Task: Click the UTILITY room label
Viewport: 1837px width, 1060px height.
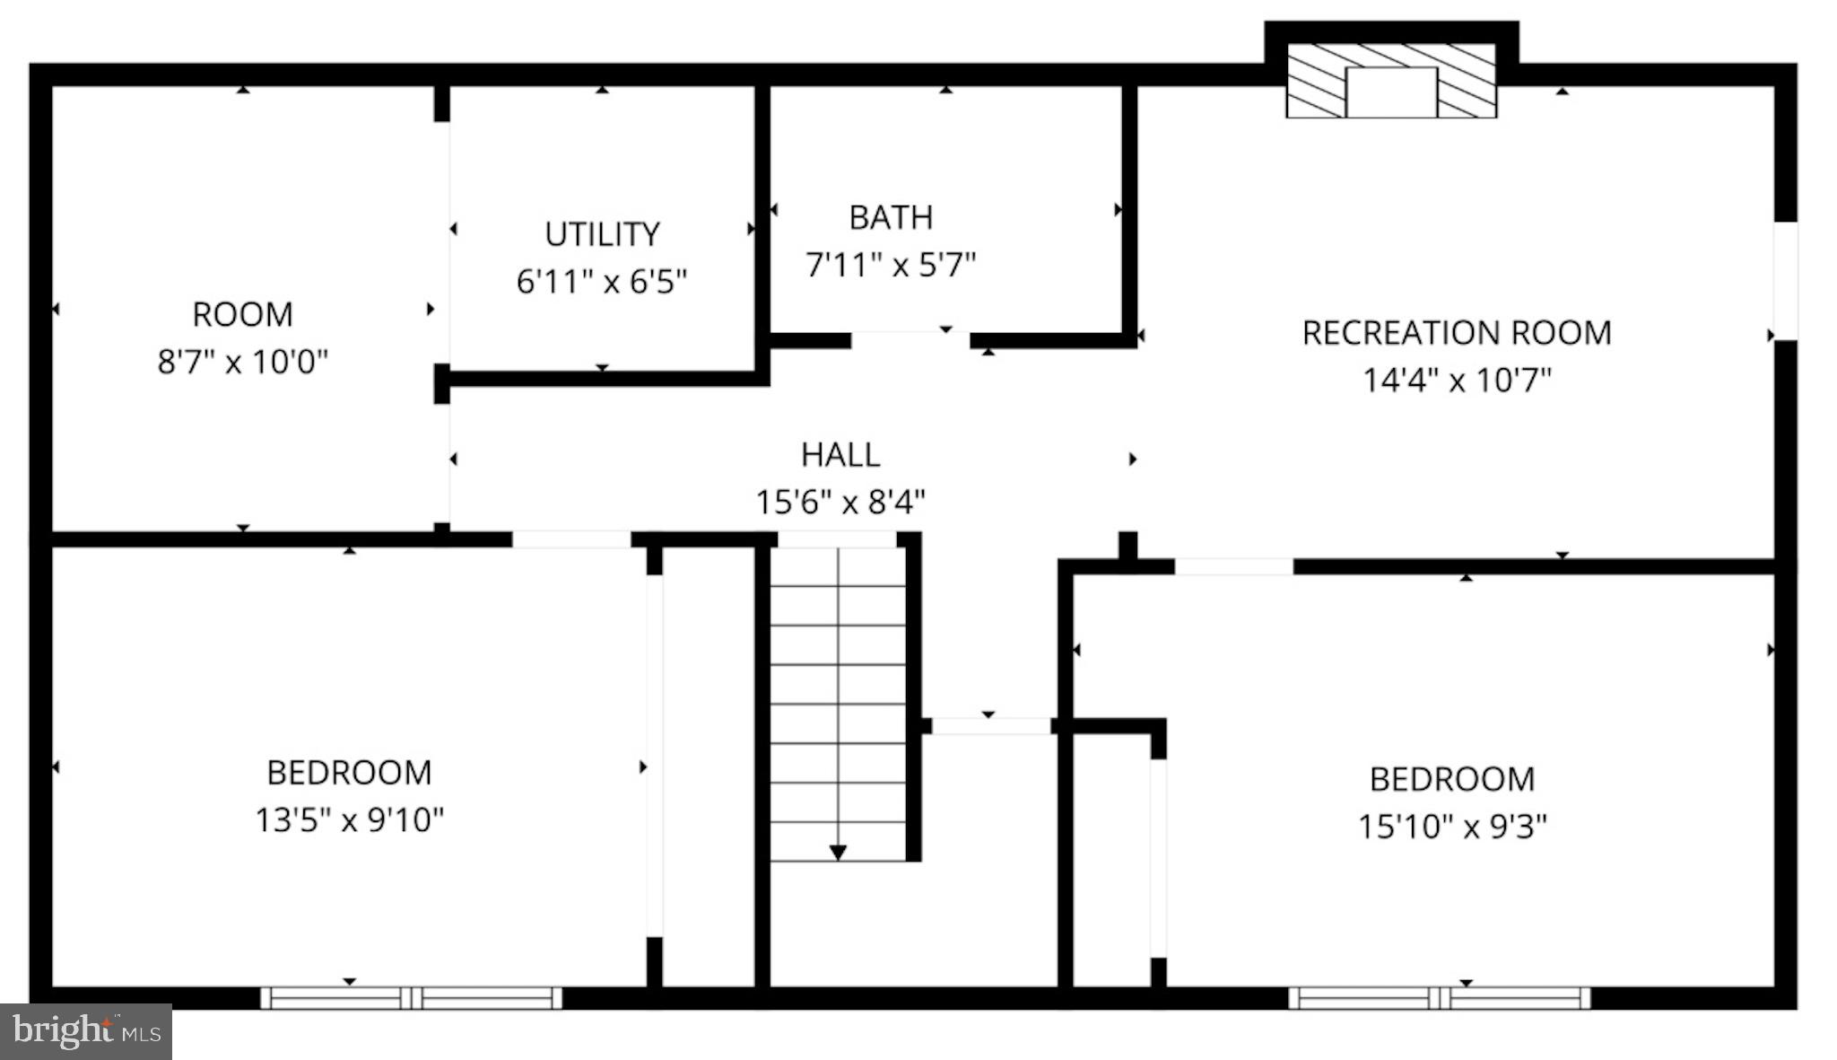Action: [602, 234]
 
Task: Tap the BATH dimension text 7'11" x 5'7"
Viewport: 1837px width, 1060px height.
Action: [890, 265]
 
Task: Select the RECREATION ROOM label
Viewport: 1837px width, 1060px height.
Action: [1456, 333]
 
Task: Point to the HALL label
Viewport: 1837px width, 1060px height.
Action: [840, 455]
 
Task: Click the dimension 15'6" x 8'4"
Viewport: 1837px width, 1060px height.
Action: [840, 502]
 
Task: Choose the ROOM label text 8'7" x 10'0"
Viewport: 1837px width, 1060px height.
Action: [242, 363]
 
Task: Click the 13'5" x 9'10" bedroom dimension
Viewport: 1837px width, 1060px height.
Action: [349, 819]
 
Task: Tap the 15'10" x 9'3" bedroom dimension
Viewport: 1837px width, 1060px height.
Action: [1451, 826]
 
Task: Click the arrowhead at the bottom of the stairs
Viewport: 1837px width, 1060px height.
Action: [838, 852]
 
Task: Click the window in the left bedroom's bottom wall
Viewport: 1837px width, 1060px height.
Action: [412, 997]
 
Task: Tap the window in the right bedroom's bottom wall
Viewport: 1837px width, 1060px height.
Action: [1439, 997]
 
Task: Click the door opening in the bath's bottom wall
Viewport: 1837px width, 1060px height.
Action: [910, 340]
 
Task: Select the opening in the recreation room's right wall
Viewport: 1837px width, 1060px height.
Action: [1785, 281]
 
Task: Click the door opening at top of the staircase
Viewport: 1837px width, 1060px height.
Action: [836, 539]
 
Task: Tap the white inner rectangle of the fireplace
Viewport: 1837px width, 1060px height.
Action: [1391, 92]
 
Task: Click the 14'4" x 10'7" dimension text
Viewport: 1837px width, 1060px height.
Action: [1456, 381]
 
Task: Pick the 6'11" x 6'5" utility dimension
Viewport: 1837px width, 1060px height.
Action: [602, 282]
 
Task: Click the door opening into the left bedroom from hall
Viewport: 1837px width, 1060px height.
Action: [571, 539]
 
